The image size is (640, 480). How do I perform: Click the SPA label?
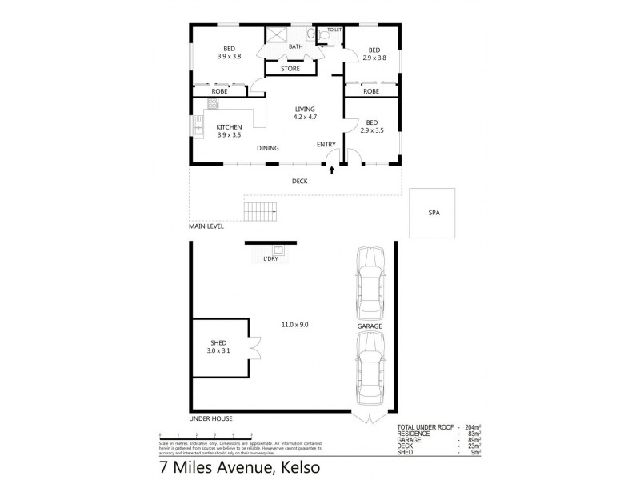(x=434, y=213)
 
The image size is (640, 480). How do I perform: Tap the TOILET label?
(x=334, y=30)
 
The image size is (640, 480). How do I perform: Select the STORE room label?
(x=290, y=69)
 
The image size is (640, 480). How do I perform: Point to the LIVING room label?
(x=305, y=109)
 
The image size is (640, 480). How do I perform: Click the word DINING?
(x=267, y=148)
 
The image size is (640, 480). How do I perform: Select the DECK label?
(x=299, y=181)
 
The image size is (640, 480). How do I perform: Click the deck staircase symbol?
(x=261, y=212)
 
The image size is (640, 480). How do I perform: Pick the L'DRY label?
(x=270, y=259)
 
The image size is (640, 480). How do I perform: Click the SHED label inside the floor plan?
(x=217, y=342)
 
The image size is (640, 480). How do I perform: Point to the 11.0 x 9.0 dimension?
(x=294, y=324)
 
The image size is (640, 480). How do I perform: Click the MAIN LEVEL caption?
(x=206, y=226)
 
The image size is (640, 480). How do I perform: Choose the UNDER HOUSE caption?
(x=210, y=418)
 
